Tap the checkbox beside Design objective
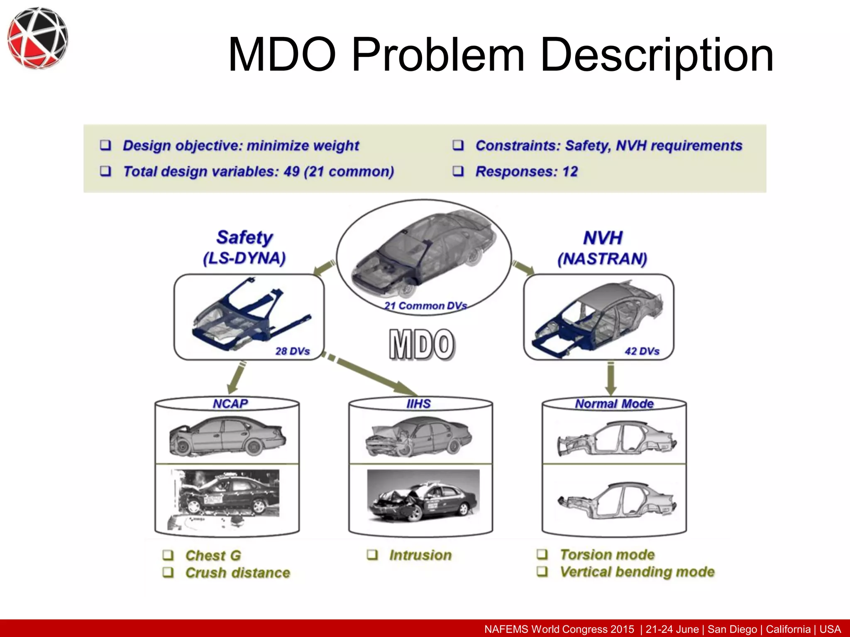click(106, 145)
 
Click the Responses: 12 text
click(526, 171)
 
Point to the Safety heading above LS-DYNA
click(244, 238)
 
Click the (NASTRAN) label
click(602, 259)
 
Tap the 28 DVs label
click(293, 351)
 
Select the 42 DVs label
click(642, 351)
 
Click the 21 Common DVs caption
click(425, 306)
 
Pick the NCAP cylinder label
click(230, 404)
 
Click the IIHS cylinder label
click(418, 404)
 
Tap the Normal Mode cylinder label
click(614, 404)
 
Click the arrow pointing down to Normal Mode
click(611, 379)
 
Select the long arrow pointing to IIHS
click(369, 375)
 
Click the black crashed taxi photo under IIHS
click(423, 498)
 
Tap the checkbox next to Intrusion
click(373, 555)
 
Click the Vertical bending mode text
click(637, 572)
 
